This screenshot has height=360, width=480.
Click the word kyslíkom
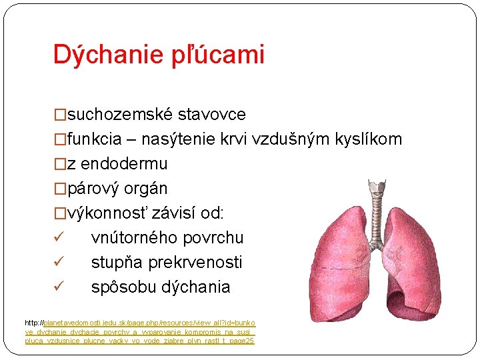tap(370, 139)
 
